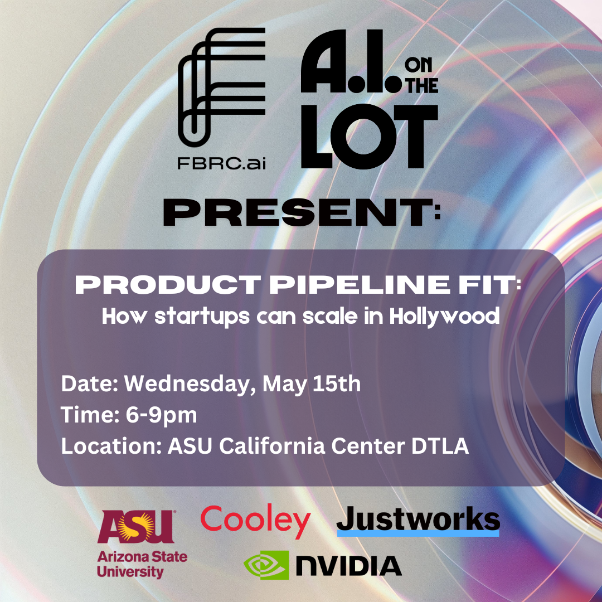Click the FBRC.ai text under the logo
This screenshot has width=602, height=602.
coord(221,163)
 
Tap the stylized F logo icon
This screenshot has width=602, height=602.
coord(221,88)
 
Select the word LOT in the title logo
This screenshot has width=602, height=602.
coord(370,137)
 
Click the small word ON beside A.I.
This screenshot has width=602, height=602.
coord(418,65)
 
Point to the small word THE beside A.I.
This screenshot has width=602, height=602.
coord(423,85)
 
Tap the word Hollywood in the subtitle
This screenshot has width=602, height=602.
coord(444,317)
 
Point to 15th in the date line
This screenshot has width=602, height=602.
coord(336,383)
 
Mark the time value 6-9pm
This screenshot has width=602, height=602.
coord(161,415)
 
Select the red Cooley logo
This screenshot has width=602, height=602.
coord(255,521)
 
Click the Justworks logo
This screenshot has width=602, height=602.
coord(418,521)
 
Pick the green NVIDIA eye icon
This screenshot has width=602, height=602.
coord(266,565)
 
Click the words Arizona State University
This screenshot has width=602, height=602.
coord(142,564)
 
